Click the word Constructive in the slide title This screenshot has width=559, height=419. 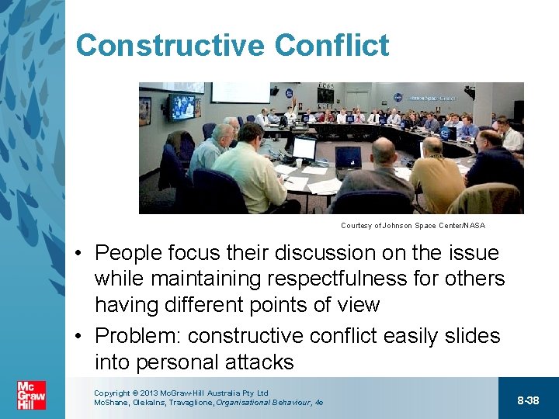point(169,46)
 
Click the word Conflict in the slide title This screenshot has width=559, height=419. point(332,46)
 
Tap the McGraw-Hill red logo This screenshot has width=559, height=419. point(31,395)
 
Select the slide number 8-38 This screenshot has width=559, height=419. point(528,400)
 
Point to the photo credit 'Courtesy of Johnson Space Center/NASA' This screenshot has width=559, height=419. point(412,226)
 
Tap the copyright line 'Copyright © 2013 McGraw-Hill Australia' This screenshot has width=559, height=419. point(180,393)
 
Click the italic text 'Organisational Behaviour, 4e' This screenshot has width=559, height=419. point(269,403)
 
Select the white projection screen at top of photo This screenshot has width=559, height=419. point(240,92)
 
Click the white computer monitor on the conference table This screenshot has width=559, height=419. point(304,147)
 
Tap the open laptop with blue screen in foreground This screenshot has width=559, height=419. point(348,158)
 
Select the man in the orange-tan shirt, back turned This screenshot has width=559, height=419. point(436,171)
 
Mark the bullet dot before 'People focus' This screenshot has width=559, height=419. point(80,254)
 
